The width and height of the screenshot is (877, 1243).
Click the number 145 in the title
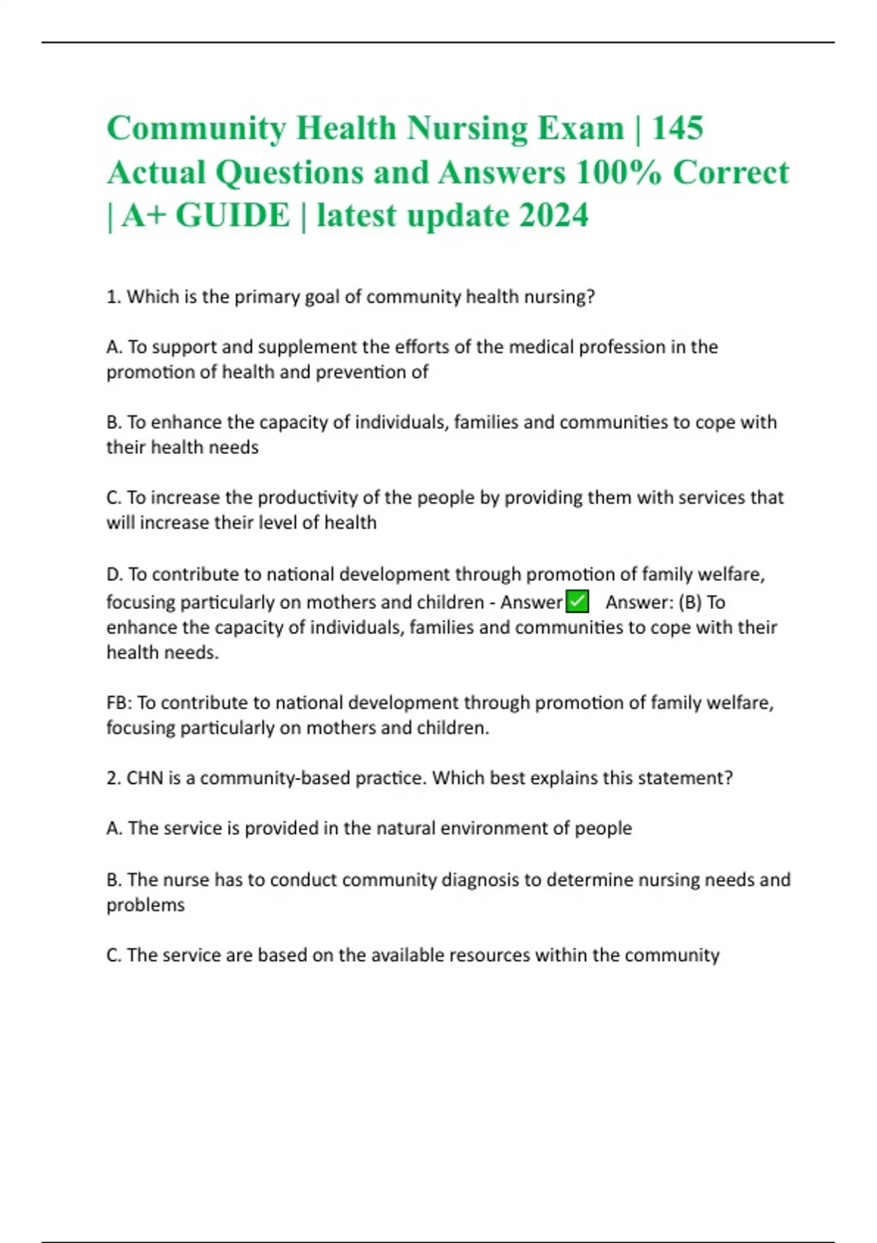[x=677, y=128]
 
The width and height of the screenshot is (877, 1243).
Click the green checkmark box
[x=577, y=602]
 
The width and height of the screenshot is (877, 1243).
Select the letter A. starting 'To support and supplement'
[x=115, y=347]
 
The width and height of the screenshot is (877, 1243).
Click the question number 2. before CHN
[x=113, y=778]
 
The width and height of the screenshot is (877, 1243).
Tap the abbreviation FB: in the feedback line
[x=119, y=703]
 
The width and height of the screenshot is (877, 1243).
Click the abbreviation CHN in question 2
[x=145, y=778]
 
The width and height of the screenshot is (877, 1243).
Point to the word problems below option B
[x=145, y=905]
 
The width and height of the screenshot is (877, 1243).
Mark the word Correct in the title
[x=731, y=173]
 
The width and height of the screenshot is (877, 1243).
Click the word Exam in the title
[x=580, y=128]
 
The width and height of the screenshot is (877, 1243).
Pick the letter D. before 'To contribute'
[x=115, y=575]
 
